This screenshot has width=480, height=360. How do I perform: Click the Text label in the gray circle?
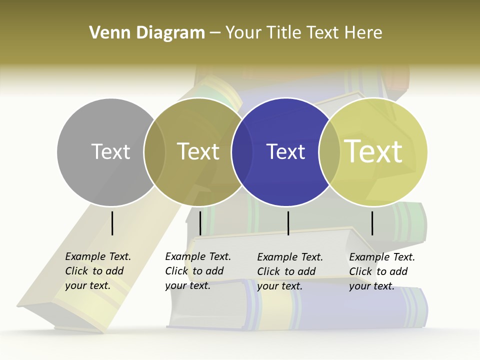(x=110, y=151)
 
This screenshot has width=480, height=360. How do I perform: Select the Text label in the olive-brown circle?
(x=198, y=151)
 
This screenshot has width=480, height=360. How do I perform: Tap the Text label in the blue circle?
(x=285, y=151)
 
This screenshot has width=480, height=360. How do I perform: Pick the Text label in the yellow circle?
(x=373, y=151)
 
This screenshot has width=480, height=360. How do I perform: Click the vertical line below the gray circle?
(x=112, y=223)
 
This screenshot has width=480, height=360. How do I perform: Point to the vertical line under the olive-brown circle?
(x=200, y=223)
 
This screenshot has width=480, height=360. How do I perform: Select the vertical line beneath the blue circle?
(x=288, y=223)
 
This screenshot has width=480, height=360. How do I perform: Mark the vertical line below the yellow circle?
(x=372, y=223)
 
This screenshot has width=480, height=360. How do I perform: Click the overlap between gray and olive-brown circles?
(x=154, y=151)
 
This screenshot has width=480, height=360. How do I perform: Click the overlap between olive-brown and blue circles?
(x=242, y=151)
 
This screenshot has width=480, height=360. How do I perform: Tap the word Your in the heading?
(x=243, y=33)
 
